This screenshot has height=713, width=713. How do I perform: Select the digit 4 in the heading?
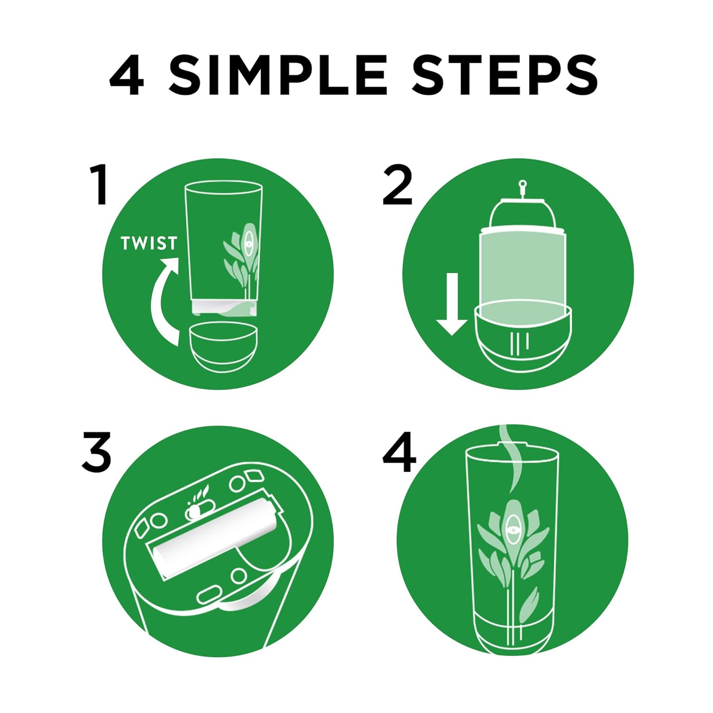(127, 75)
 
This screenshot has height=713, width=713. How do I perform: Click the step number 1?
(99, 185)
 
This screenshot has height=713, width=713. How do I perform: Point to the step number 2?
(397, 185)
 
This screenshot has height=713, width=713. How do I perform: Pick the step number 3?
(96, 452)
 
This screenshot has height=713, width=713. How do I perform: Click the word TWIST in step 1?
(149, 243)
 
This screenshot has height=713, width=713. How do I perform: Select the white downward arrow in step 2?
(452, 304)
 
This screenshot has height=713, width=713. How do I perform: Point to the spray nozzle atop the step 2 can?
(522, 188)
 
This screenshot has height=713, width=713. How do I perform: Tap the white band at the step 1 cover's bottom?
(224, 307)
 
